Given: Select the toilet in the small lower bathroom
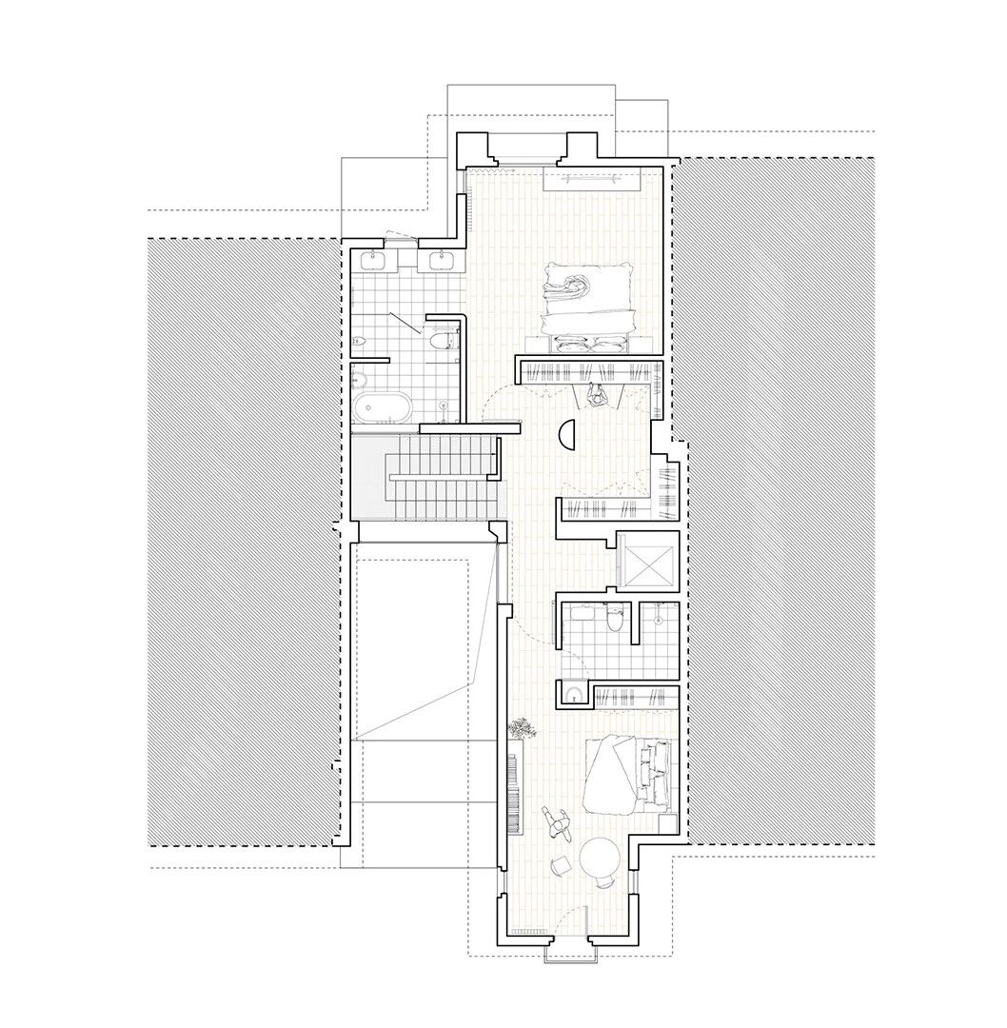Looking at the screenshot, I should click(x=614, y=621).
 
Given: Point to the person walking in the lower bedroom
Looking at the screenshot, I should click(x=555, y=821).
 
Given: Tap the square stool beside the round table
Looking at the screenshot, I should click(x=561, y=864).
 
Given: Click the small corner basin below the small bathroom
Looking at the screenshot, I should click(x=573, y=694).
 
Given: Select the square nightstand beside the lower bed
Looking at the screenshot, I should click(x=668, y=823).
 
